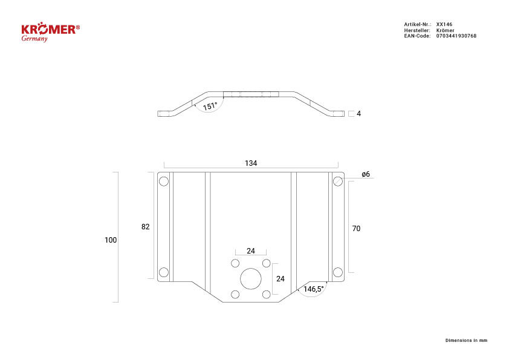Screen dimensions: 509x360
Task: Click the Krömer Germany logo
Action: pos(50,32)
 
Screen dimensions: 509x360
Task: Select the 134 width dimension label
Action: pos(251,163)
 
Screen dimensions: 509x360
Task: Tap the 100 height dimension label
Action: pos(111,240)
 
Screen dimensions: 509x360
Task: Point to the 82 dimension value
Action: pos(146,227)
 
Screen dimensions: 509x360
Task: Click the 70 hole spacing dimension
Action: pos(356,229)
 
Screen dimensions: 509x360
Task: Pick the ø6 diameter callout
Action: pos(366,174)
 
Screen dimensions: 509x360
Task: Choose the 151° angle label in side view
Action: pos(210,106)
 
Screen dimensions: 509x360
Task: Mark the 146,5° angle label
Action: pos(314,289)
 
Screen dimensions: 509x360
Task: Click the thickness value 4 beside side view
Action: pos(358,113)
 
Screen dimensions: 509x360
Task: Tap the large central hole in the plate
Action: pos(251,279)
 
